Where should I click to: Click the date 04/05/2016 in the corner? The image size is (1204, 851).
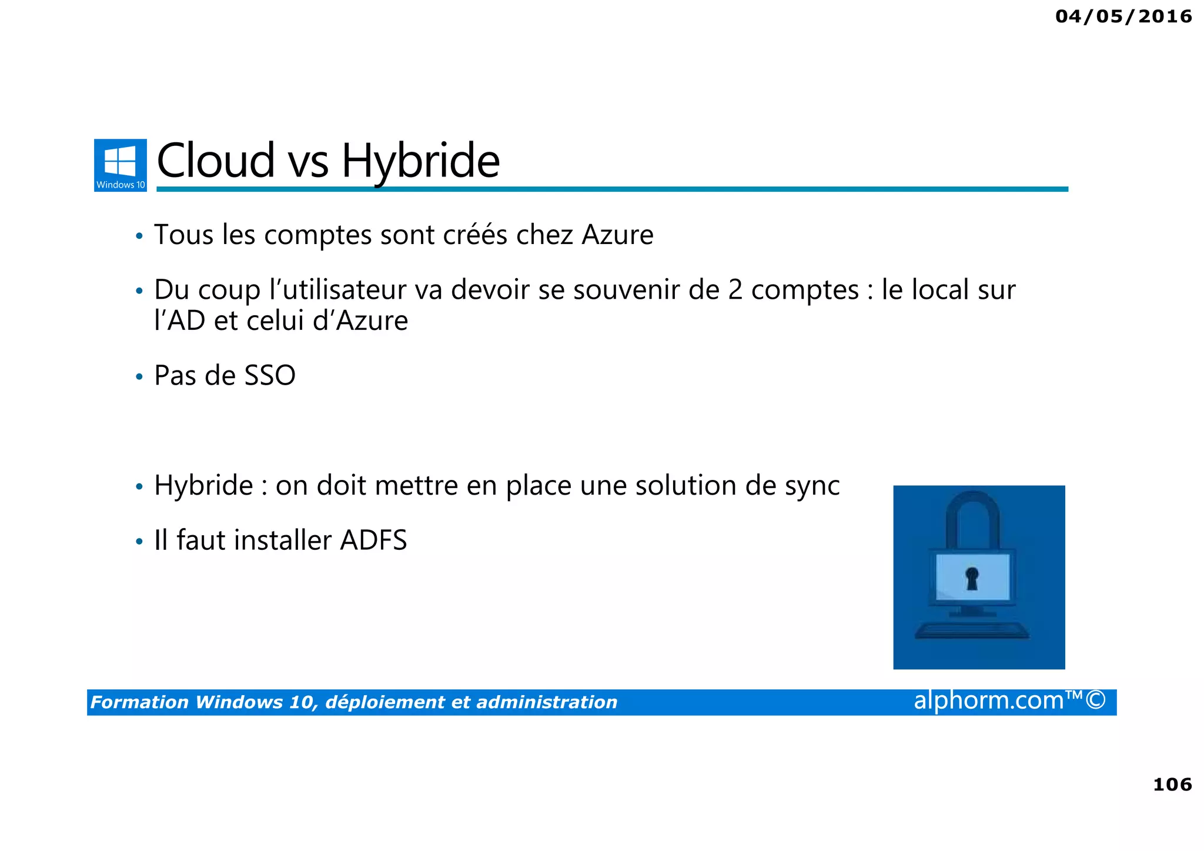point(1123,16)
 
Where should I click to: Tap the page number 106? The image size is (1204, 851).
point(1172,784)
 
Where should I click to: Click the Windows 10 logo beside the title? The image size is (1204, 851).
point(121,165)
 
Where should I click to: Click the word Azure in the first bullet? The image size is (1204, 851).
point(617,235)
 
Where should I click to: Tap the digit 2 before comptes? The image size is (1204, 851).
point(735,289)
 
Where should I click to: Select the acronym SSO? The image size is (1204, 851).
point(270,375)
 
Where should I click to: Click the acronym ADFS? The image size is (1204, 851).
point(373,540)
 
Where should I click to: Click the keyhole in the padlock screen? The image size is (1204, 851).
point(972,578)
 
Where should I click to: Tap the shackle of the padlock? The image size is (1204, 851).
point(972,518)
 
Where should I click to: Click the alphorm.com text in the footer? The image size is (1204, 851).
point(989,700)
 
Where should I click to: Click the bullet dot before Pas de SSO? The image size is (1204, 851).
point(139,376)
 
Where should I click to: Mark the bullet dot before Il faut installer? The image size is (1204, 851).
point(139,541)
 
